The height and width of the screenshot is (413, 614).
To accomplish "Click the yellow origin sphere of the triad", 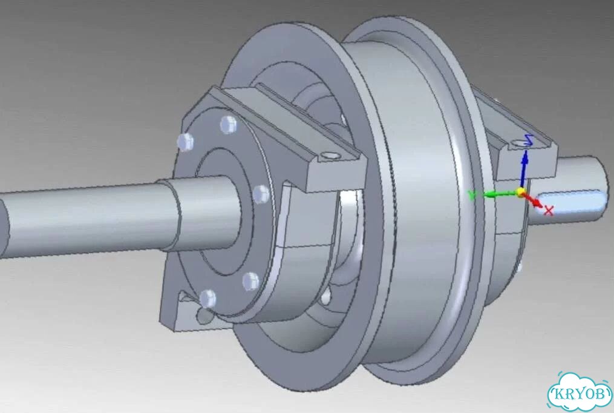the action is point(520,193).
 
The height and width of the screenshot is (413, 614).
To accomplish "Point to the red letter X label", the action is point(549,210).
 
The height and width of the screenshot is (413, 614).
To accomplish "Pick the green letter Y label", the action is point(472,195).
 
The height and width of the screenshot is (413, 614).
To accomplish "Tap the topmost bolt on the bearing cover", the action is point(228,125).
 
